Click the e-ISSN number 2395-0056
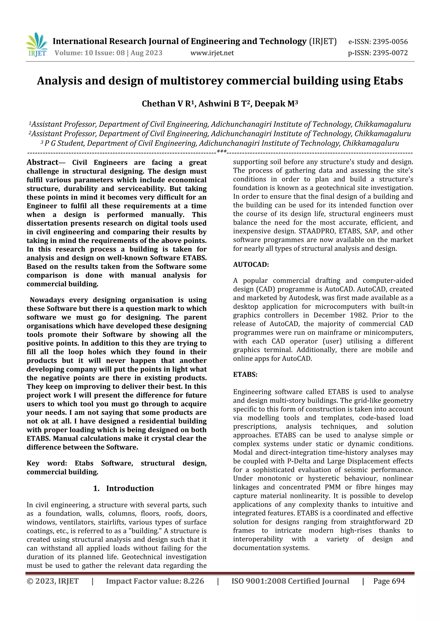[x=390, y=42]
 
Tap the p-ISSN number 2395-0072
[x=390, y=53]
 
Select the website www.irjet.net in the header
[x=212, y=53]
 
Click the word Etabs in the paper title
[x=388, y=81]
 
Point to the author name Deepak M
[x=276, y=104]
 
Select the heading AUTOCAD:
[x=251, y=264]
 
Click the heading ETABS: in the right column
[x=245, y=374]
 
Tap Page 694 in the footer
[x=389, y=581]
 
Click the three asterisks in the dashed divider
[x=222, y=152]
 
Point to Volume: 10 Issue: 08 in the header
[x=89, y=53]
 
